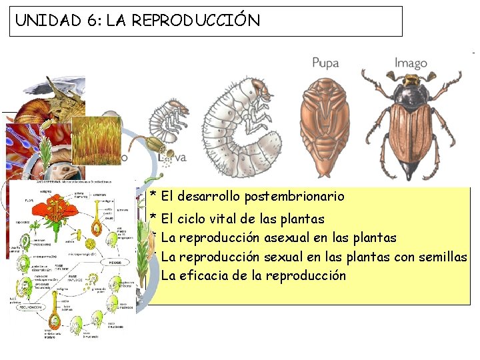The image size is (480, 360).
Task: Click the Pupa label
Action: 325,63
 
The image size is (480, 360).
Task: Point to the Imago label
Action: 411,63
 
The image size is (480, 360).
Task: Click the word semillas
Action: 443,257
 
